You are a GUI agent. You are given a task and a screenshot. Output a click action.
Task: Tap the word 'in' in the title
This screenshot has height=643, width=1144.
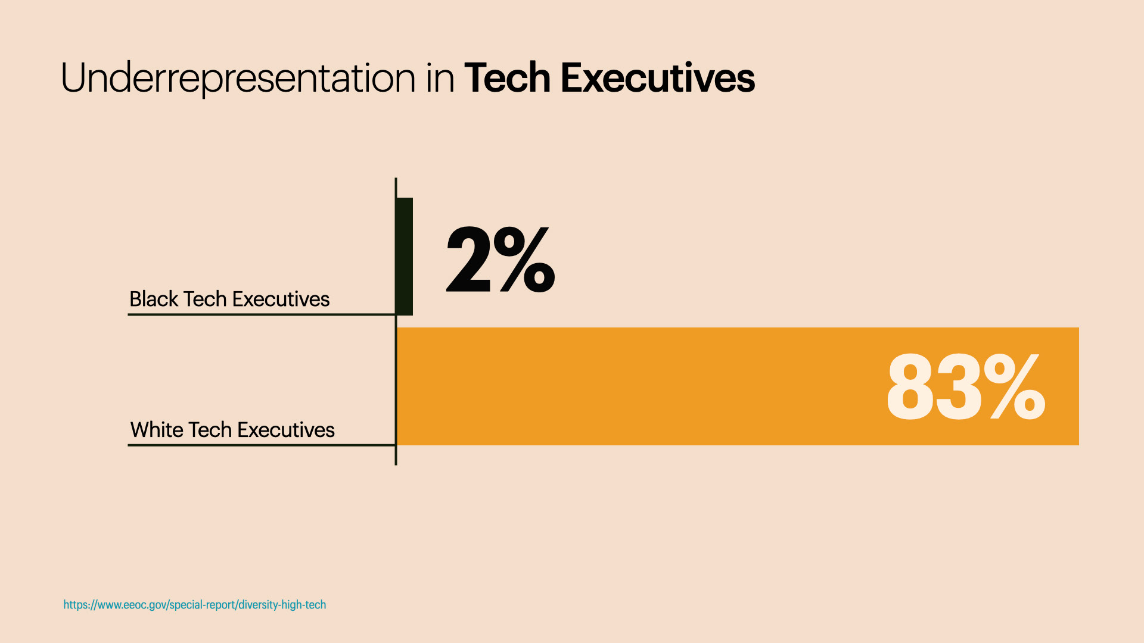(440, 79)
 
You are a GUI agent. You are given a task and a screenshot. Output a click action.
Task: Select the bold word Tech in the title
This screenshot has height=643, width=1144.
(507, 79)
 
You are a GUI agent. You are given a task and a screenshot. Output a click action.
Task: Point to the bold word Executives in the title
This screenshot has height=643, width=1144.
(657, 79)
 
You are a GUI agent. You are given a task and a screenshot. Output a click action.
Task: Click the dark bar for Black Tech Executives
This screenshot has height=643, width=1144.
(405, 256)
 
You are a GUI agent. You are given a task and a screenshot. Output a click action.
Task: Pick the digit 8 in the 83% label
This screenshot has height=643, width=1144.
(909, 388)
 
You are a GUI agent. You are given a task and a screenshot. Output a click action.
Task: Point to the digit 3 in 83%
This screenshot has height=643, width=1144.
(958, 388)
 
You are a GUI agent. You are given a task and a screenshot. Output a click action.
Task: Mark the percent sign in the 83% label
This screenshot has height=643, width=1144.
(1014, 386)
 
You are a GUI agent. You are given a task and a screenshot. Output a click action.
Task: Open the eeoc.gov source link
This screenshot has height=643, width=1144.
(195, 605)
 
